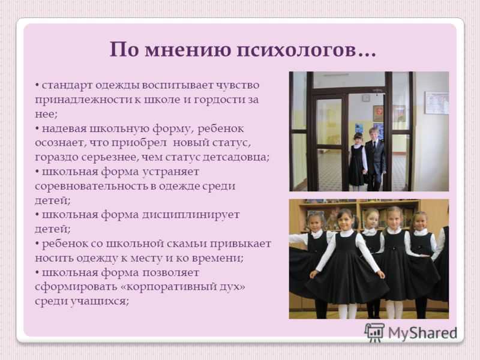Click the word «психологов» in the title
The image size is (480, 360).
tap(297, 50)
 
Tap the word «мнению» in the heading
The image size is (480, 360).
tap(188, 49)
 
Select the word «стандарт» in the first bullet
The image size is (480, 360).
tap(67, 85)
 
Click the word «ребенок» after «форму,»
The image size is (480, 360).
tap(220, 128)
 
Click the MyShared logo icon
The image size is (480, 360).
tap(374, 332)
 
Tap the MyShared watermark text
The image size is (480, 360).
tap(422, 333)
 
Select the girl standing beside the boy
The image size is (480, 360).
tap(357, 161)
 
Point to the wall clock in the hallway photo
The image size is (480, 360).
tap(366, 98)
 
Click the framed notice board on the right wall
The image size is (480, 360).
tap(437, 103)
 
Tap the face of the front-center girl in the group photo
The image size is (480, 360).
tap(345, 220)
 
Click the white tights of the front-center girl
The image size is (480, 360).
tap(347, 311)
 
